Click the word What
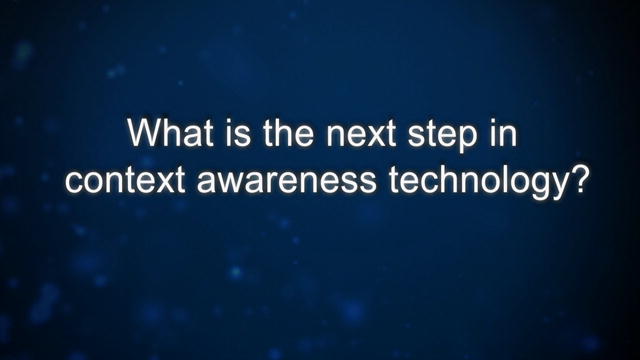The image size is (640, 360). [x=171, y=133]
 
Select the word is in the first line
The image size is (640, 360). [x=238, y=133]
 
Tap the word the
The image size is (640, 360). [x=288, y=133]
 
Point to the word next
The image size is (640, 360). [x=360, y=134]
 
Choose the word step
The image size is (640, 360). [x=442, y=137]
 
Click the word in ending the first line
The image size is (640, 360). [x=503, y=133]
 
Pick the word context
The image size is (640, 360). [x=125, y=180]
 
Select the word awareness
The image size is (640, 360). [x=287, y=182]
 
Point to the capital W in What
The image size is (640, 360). [x=146, y=133]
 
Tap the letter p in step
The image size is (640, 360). [x=467, y=140]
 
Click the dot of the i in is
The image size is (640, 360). [x=228, y=122]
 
